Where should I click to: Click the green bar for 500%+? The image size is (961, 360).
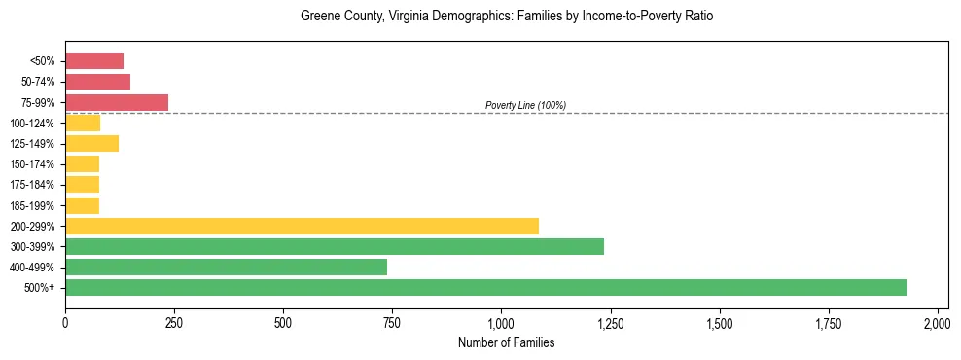[x=485, y=287]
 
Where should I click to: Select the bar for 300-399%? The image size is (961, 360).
[x=335, y=246]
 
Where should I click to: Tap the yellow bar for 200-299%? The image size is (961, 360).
[x=302, y=226]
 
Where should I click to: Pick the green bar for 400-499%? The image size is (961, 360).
[x=226, y=267]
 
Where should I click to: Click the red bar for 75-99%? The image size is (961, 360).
[x=117, y=102]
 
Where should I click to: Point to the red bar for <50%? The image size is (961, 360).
[x=94, y=60]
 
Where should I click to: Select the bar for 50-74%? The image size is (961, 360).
[x=97, y=82]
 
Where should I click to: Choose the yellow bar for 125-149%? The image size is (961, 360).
[x=91, y=143]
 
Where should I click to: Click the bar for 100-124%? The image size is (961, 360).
[x=83, y=123]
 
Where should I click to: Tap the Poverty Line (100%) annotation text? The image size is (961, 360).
[x=525, y=105]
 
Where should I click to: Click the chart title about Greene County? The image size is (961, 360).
[x=507, y=17]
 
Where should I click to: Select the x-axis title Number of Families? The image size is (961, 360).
[x=507, y=342]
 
